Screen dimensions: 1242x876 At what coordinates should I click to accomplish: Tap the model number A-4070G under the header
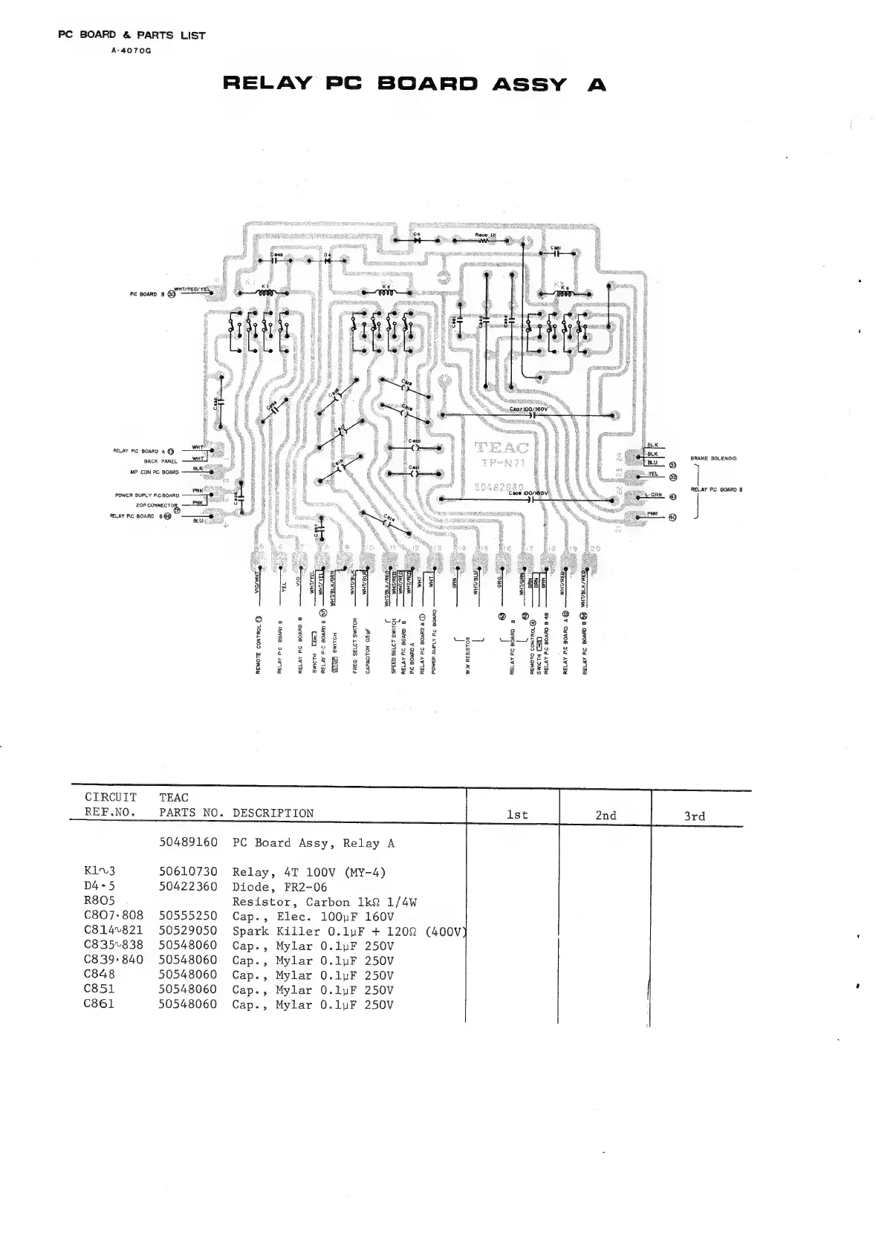click(x=131, y=51)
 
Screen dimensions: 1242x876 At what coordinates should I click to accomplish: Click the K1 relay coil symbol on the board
click(x=265, y=293)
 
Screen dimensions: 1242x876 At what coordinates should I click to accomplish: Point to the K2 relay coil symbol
click(x=386, y=293)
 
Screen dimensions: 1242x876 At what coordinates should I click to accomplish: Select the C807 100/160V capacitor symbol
click(x=532, y=414)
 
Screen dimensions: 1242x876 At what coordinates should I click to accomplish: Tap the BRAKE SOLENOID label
click(x=713, y=458)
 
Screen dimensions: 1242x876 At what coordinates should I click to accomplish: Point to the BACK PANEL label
click(x=160, y=461)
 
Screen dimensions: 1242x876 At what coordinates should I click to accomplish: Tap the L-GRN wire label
click(x=654, y=495)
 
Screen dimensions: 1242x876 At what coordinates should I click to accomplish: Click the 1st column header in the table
click(x=517, y=815)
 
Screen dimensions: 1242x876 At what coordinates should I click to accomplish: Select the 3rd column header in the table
click(x=694, y=816)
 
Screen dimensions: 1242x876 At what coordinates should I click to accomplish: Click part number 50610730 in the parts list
click(x=188, y=872)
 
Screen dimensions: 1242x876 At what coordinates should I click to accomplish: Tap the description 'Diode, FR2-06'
click(x=279, y=887)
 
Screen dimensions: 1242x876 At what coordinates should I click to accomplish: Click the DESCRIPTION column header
click(x=273, y=813)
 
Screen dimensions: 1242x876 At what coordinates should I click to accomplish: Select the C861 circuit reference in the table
click(x=100, y=1004)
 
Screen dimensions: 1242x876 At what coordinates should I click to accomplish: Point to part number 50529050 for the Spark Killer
click(x=188, y=931)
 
